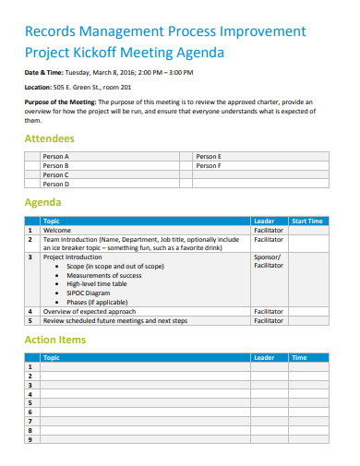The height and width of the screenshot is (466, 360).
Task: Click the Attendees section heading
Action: (x=49, y=138)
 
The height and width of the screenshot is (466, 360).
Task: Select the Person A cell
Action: (x=56, y=157)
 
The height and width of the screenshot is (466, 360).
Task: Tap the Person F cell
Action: (x=209, y=166)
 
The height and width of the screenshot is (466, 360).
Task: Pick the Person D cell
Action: (x=56, y=184)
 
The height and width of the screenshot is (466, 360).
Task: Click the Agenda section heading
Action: (x=42, y=202)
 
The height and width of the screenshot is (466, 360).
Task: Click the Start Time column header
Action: (x=307, y=221)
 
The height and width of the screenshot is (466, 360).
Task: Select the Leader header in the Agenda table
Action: (x=264, y=221)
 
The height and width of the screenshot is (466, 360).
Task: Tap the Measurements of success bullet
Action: (x=104, y=275)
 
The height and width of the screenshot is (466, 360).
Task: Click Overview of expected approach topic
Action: (x=90, y=312)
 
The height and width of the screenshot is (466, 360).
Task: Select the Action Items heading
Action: (x=54, y=340)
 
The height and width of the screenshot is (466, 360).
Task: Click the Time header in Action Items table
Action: (x=299, y=357)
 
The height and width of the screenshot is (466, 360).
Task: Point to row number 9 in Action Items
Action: (x=30, y=439)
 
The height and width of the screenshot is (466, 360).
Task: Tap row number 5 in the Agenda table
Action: (x=30, y=321)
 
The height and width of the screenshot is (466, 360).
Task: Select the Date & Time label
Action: (x=43, y=71)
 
